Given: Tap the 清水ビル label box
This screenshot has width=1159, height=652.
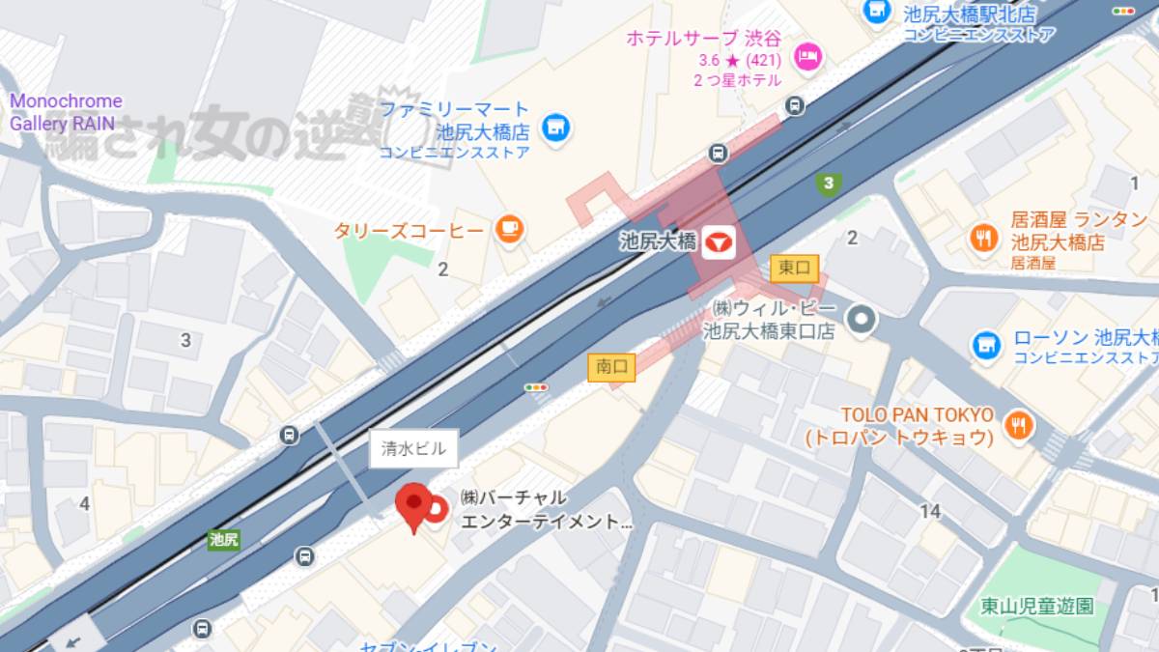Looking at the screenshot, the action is point(413,448).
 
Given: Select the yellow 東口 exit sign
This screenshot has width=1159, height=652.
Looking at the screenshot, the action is point(794,269).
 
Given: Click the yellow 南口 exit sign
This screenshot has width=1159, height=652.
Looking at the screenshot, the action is point(612,367).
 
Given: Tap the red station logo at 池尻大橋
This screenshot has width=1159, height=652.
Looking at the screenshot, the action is point(719,241).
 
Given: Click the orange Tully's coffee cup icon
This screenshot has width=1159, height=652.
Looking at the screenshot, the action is point(509,229).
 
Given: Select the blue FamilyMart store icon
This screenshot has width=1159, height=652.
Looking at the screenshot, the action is point(554,127).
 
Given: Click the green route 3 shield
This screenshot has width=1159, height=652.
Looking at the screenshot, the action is point(827,183).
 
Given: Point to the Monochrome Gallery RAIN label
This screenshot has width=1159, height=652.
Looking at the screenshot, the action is point(66,112).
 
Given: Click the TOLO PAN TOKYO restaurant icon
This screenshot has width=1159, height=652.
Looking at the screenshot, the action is point(1018,424).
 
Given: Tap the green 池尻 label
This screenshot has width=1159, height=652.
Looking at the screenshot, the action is point(223,539).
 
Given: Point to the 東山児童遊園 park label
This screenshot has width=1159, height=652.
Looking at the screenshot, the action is point(1036,607).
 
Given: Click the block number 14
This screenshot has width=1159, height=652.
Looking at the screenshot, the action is point(930,512).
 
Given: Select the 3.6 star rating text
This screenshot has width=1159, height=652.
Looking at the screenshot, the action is point(740,60).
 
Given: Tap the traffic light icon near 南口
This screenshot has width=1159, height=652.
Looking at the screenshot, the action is point(536,387).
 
